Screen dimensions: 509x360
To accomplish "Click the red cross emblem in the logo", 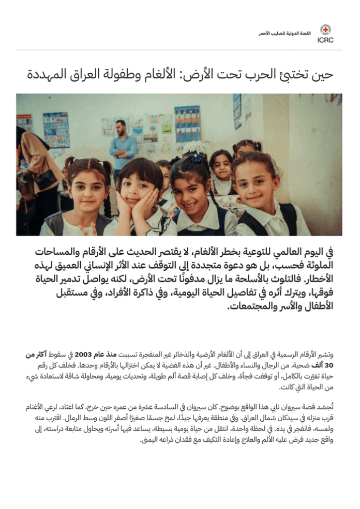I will (325, 29).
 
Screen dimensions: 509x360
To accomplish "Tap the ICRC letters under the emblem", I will (325, 40).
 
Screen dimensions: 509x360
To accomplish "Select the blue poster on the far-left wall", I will (56, 130).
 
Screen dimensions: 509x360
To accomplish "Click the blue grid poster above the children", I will (187, 123).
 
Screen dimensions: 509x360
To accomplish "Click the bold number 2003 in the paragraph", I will (83, 355).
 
